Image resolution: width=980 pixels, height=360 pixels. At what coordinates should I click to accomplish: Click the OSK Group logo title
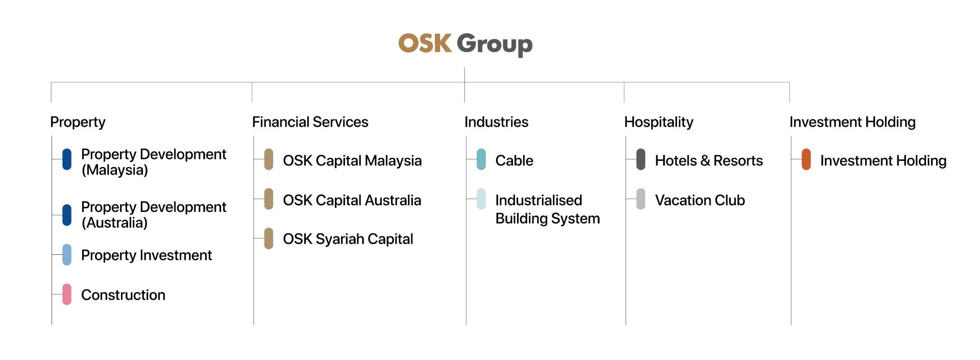[x=465, y=44]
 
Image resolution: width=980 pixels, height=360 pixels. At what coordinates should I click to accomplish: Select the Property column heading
[x=78, y=122]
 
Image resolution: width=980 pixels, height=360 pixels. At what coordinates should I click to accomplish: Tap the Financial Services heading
[x=310, y=122]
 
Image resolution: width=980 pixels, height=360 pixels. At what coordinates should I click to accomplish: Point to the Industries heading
[x=496, y=122]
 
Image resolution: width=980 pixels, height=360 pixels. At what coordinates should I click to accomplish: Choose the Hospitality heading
[x=658, y=122]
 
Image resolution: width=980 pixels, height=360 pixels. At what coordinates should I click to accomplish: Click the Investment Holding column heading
[x=852, y=122]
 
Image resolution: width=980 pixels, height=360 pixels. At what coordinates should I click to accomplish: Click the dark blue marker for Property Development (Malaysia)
[x=67, y=159]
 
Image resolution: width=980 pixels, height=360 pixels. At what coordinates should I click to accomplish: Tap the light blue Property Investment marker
[x=67, y=255]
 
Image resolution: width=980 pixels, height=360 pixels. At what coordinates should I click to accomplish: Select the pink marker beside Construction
[x=67, y=295]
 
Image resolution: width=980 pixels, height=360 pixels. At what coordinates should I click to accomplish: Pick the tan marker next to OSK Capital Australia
[x=268, y=199]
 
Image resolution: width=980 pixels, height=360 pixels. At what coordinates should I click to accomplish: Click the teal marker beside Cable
[x=481, y=159]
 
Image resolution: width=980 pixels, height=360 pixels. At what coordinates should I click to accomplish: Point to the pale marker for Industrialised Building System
[x=481, y=199]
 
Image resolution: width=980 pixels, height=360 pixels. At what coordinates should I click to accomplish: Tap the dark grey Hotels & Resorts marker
[x=641, y=159]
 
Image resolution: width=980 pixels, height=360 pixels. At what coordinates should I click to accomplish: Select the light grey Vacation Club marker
[x=641, y=199]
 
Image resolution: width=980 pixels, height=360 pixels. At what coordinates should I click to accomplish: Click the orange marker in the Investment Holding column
[x=806, y=159]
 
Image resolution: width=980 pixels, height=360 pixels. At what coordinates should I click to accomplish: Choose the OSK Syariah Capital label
[x=348, y=239]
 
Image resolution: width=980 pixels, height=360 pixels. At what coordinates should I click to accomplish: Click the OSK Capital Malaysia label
[x=352, y=160]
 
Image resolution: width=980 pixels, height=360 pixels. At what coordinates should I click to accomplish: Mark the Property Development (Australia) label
[x=154, y=215]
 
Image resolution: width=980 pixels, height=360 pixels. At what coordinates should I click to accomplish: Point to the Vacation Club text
[x=700, y=200]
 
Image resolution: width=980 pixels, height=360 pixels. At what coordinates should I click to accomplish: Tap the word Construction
[x=123, y=295]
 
